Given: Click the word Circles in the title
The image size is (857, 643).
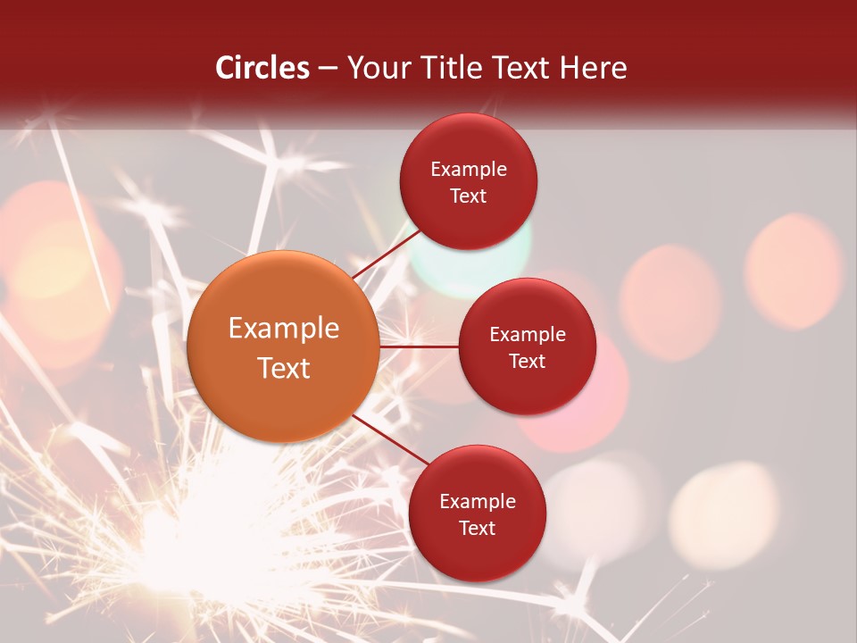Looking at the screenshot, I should pyautogui.click(x=262, y=68).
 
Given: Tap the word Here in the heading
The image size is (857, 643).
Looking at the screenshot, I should pyautogui.click(x=593, y=68).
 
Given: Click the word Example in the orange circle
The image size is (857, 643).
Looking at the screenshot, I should pyautogui.click(x=284, y=329).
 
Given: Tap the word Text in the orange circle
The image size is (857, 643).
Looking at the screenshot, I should pyautogui.click(x=284, y=368).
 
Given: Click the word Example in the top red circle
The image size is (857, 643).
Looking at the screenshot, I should pyautogui.click(x=469, y=170).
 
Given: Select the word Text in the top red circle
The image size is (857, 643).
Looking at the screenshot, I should pyautogui.click(x=469, y=196).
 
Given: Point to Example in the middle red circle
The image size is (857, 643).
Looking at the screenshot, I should pyautogui.click(x=528, y=335).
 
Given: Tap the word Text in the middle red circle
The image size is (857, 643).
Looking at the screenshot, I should pyautogui.click(x=528, y=362).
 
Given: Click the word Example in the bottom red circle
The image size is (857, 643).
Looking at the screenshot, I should pyautogui.click(x=478, y=502).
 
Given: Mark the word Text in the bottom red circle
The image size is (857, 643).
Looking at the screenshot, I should pyautogui.click(x=478, y=529).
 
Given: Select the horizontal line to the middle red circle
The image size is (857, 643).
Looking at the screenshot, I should pyautogui.click(x=419, y=346).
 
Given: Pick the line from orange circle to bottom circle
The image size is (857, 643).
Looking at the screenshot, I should pyautogui.click(x=390, y=439).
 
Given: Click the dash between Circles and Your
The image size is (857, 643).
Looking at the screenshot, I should pyautogui.click(x=328, y=68).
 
